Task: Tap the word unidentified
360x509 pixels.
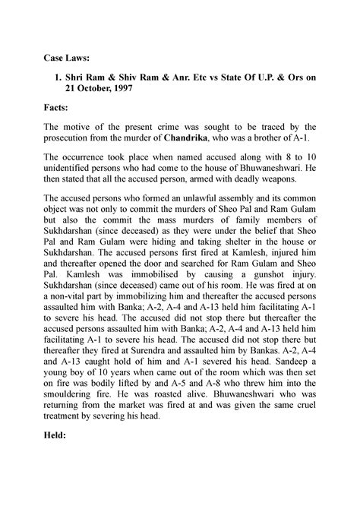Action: pyautogui.click(x=68, y=172)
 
